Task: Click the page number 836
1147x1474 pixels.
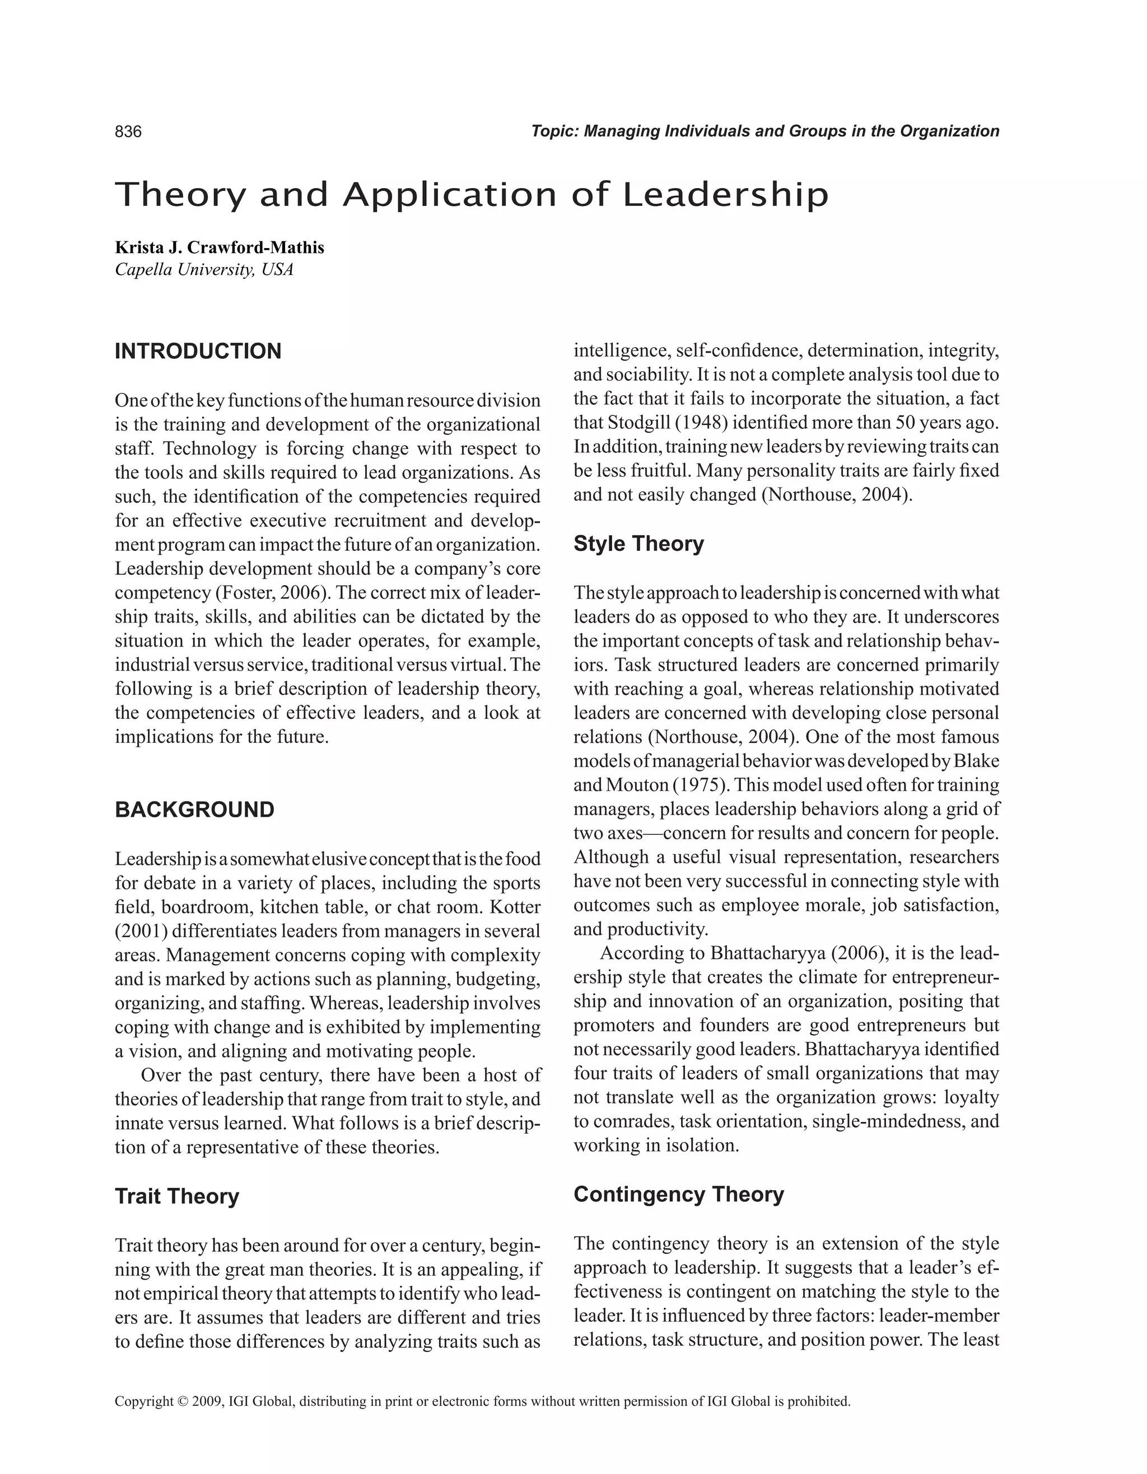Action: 128,132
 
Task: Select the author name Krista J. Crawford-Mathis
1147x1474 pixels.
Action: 220,247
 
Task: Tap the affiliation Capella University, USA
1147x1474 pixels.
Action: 204,270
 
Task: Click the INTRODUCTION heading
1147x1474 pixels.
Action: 198,352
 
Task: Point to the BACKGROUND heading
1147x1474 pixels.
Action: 194,810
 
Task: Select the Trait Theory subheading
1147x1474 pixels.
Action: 177,1197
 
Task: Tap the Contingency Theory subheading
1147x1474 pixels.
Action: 678,1195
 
